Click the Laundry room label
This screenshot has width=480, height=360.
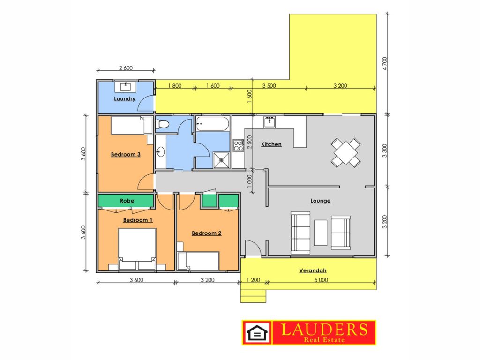[x=125, y=98]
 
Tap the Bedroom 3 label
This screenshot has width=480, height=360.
[x=126, y=154]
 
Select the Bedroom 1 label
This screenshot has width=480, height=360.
[x=138, y=220]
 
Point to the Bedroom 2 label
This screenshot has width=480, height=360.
[x=206, y=233]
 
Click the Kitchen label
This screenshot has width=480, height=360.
[x=271, y=144]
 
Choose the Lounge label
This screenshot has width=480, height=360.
[x=321, y=201]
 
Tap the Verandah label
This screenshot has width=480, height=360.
[x=313, y=270]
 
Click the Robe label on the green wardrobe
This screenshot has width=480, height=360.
[x=127, y=201]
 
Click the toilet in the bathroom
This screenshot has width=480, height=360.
[x=162, y=124]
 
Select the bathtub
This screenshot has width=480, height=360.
[x=212, y=124]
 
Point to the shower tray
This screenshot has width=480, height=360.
[x=221, y=160]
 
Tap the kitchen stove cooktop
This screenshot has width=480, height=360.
[x=238, y=145]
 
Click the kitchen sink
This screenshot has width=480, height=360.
[x=270, y=121]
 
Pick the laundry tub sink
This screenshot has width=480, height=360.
[x=126, y=86]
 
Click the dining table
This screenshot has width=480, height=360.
[x=345, y=152]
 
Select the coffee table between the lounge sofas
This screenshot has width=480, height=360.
[x=321, y=232]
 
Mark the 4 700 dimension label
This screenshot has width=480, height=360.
[x=385, y=63]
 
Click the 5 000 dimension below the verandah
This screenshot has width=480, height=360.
[x=321, y=280]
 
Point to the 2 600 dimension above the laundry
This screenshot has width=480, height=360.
[x=126, y=67]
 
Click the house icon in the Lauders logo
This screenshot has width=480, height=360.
[x=257, y=333]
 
